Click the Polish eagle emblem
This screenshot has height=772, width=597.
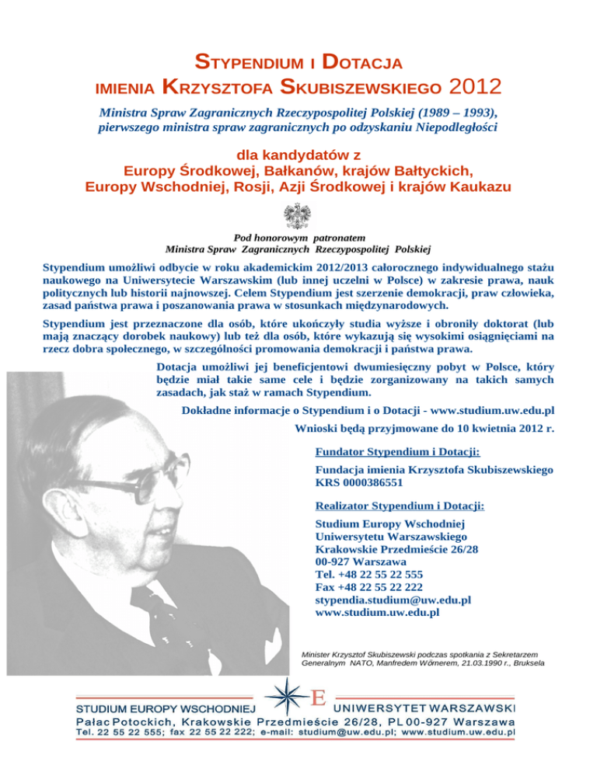click(298, 214)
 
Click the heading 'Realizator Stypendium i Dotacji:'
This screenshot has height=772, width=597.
click(400, 506)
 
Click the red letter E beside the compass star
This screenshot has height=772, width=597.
click(317, 697)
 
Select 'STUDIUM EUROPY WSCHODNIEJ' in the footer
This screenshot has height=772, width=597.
click(165, 709)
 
